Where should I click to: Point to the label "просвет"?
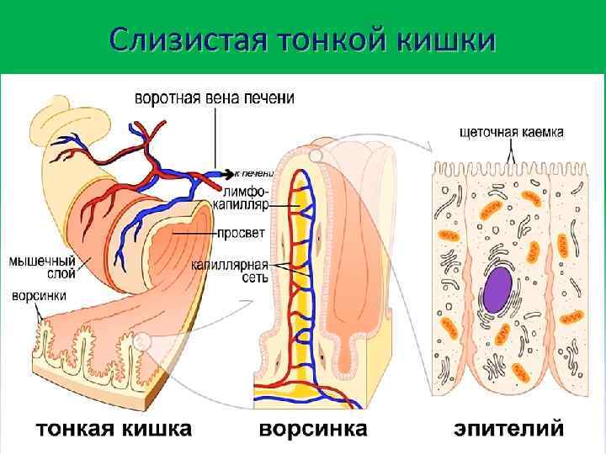coord(242,231)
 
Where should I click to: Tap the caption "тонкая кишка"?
coord(113,429)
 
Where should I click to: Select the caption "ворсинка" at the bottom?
coord(312,429)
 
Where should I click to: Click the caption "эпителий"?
coord(508,429)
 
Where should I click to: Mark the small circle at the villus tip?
coord(315,156)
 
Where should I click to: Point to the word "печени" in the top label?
coord(272,98)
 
